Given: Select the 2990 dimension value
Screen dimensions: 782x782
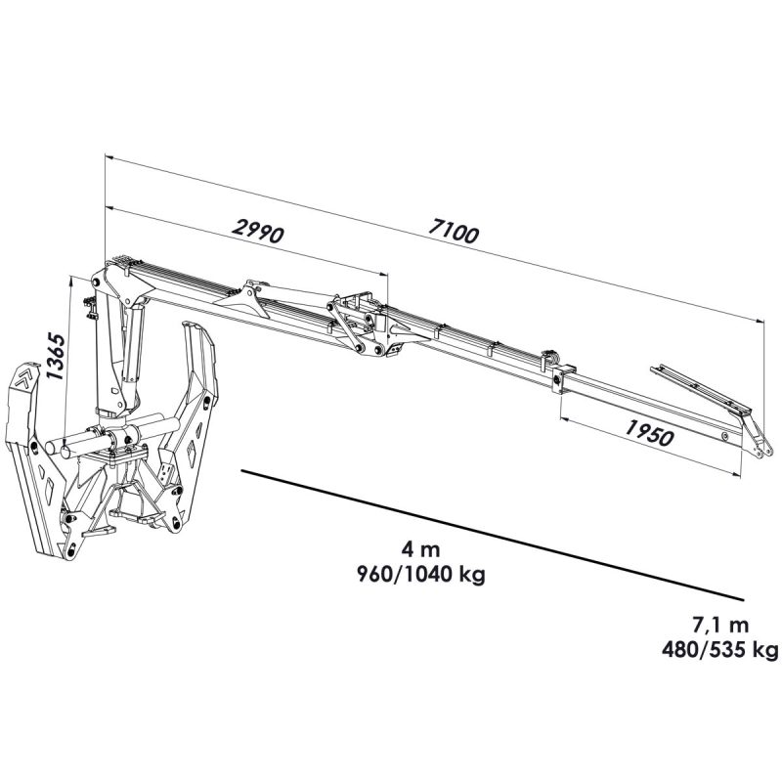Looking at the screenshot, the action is [258, 231].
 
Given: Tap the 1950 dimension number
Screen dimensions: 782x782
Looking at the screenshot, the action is [649, 432].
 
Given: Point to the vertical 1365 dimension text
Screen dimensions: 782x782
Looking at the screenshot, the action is [55, 356].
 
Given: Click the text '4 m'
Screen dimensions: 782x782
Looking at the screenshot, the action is [420, 550].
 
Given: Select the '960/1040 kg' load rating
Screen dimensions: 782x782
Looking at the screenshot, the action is [421, 575].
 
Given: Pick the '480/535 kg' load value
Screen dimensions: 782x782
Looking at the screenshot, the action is [719, 649].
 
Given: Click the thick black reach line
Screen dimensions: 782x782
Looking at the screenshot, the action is [493, 535].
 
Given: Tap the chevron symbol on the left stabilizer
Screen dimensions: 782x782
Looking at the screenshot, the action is [23, 377].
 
